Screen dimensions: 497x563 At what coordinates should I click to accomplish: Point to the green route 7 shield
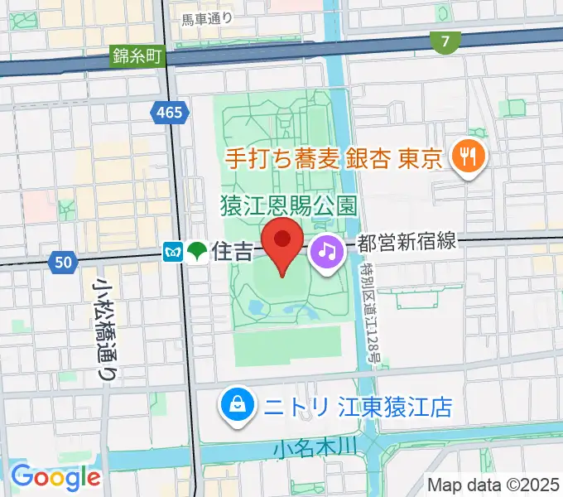tap(445, 41)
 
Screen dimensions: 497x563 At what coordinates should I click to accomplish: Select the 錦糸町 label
tap(138, 57)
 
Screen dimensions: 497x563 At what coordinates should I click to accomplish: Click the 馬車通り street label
tap(207, 17)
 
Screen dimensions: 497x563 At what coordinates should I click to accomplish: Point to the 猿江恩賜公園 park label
tap(288, 203)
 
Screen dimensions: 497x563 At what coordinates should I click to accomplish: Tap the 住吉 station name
tap(233, 251)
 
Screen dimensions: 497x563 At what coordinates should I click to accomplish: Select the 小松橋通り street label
tap(105, 328)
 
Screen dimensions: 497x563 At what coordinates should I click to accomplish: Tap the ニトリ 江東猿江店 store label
tap(358, 407)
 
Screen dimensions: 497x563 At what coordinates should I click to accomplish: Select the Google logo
tap(56, 476)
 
